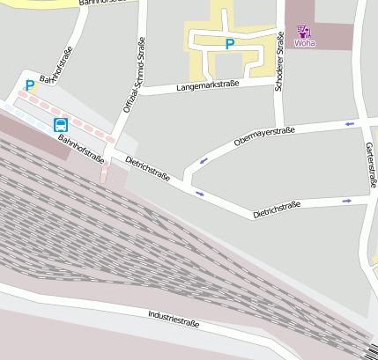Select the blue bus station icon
point(60,124)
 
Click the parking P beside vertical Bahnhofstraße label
point(30,85)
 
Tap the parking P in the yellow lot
point(230,43)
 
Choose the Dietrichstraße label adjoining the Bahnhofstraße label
point(147,170)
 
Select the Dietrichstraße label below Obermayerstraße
point(277,210)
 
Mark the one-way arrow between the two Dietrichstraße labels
point(199,192)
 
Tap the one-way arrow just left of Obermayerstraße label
point(204,161)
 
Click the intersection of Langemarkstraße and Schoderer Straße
point(278,80)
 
